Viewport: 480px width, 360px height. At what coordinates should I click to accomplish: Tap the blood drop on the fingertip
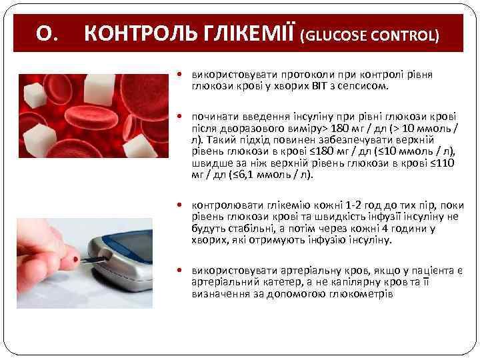tap(75, 259)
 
